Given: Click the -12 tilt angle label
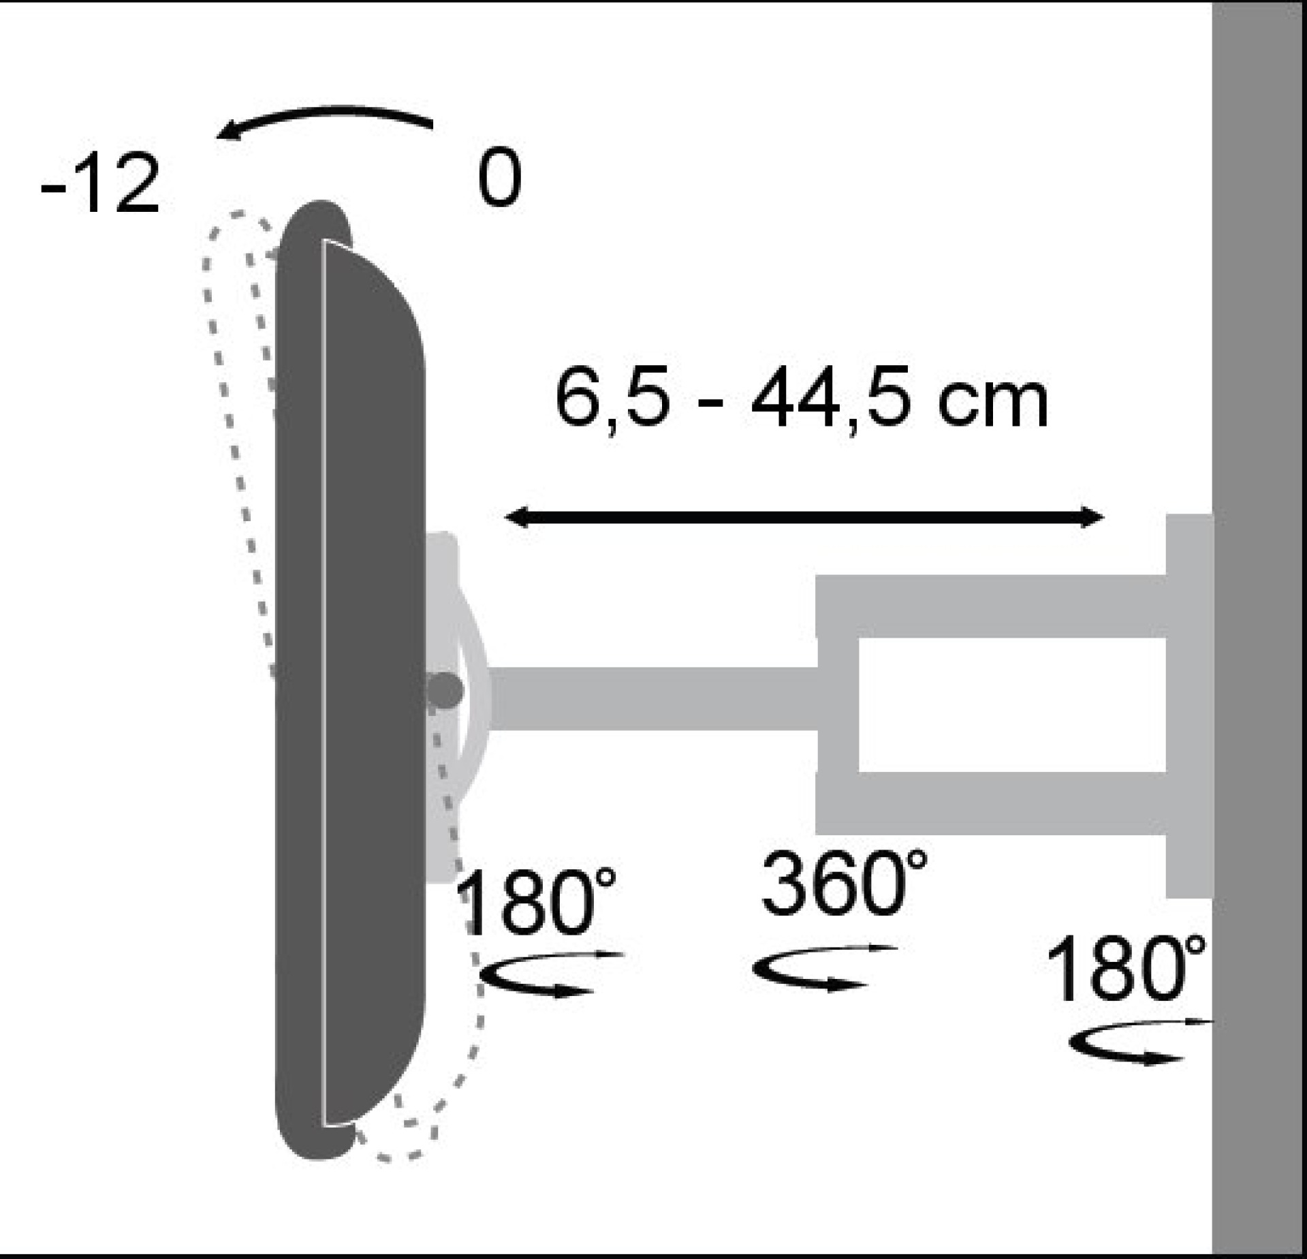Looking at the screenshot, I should (101, 185).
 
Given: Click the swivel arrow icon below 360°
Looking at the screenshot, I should (822, 967).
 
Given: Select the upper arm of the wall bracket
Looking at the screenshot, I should (991, 606).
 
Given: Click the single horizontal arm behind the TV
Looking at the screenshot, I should (654, 698).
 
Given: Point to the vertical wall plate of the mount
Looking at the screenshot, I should (1189, 705).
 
